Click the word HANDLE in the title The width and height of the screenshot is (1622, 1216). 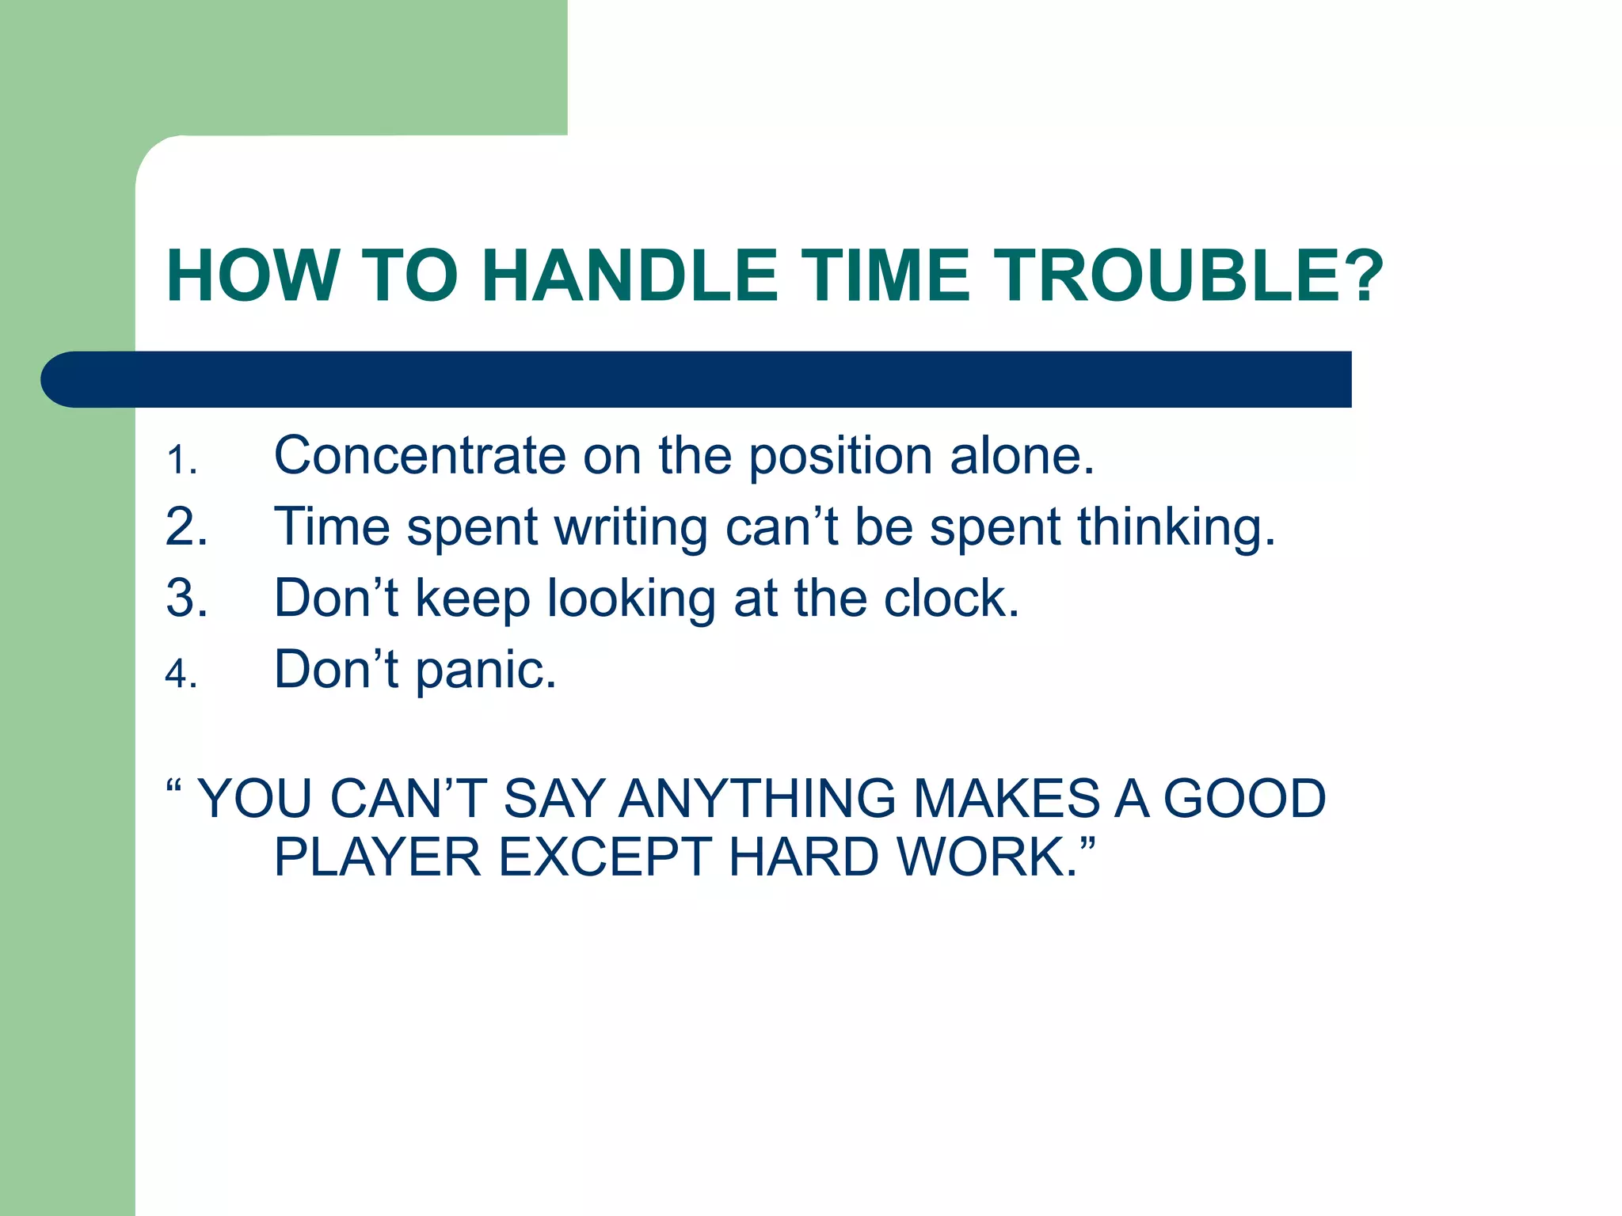pyautogui.click(x=630, y=275)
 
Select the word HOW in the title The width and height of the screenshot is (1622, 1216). pyautogui.click(x=253, y=275)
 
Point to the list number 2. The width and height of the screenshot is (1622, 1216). pyautogui.click(x=186, y=527)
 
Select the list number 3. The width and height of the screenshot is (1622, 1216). pyautogui.click(x=186, y=598)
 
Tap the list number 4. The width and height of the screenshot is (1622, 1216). pyautogui.click(x=181, y=674)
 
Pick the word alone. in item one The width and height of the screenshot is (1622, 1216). pyautogui.click(x=1022, y=456)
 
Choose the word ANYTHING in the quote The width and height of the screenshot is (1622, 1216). pyautogui.click(x=756, y=798)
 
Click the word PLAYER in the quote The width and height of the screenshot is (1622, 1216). pyautogui.click(x=377, y=857)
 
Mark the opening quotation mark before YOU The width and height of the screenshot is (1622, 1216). pyautogui.click(x=174, y=788)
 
